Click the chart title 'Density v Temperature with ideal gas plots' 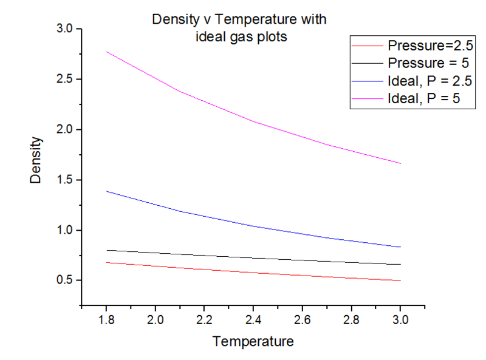click(x=239, y=28)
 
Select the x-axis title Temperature click(x=253, y=341)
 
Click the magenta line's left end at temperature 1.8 click(x=106, y=52)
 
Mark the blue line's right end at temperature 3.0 click(x=400, y=247)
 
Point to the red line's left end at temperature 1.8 click(x=106, y=262)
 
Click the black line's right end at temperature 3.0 click(x=400, y=264)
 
